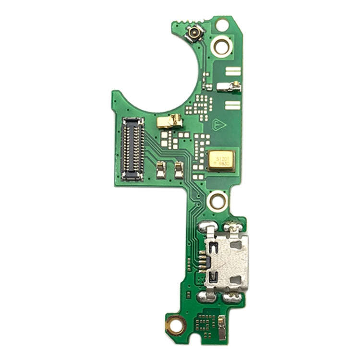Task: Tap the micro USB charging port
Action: click(227, 262)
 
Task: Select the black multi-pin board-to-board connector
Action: click(133, 149)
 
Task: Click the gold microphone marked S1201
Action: click(222, 159)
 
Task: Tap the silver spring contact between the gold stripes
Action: click(229, 87)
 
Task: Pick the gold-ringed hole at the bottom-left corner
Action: click(177, 326)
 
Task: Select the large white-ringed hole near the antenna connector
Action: click(222, 46)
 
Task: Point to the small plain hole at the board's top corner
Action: click(222, 24)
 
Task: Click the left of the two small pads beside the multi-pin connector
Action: click(161, 168)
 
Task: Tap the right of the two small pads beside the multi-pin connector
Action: click(179, 168)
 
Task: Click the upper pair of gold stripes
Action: click(233, 72)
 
